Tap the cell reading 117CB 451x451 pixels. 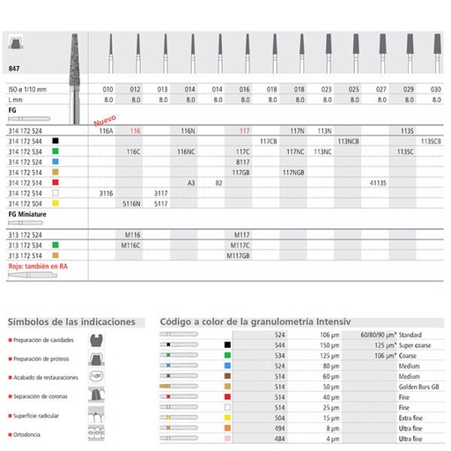(x=270, y=140)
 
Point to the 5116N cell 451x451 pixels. (x=134, y=203)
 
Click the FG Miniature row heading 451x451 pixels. (x=26, y=213)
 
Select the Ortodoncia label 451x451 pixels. (x=30, y=433)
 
